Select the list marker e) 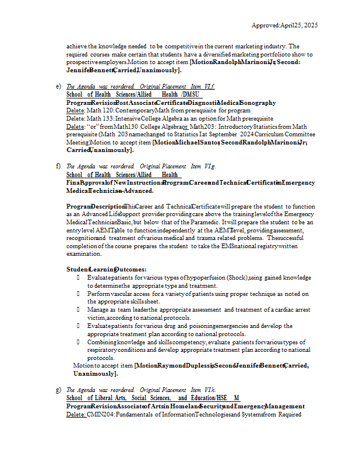click(x=58, y=86)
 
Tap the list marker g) click(x=58, y=390)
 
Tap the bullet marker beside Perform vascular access click(x=78, y=294)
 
